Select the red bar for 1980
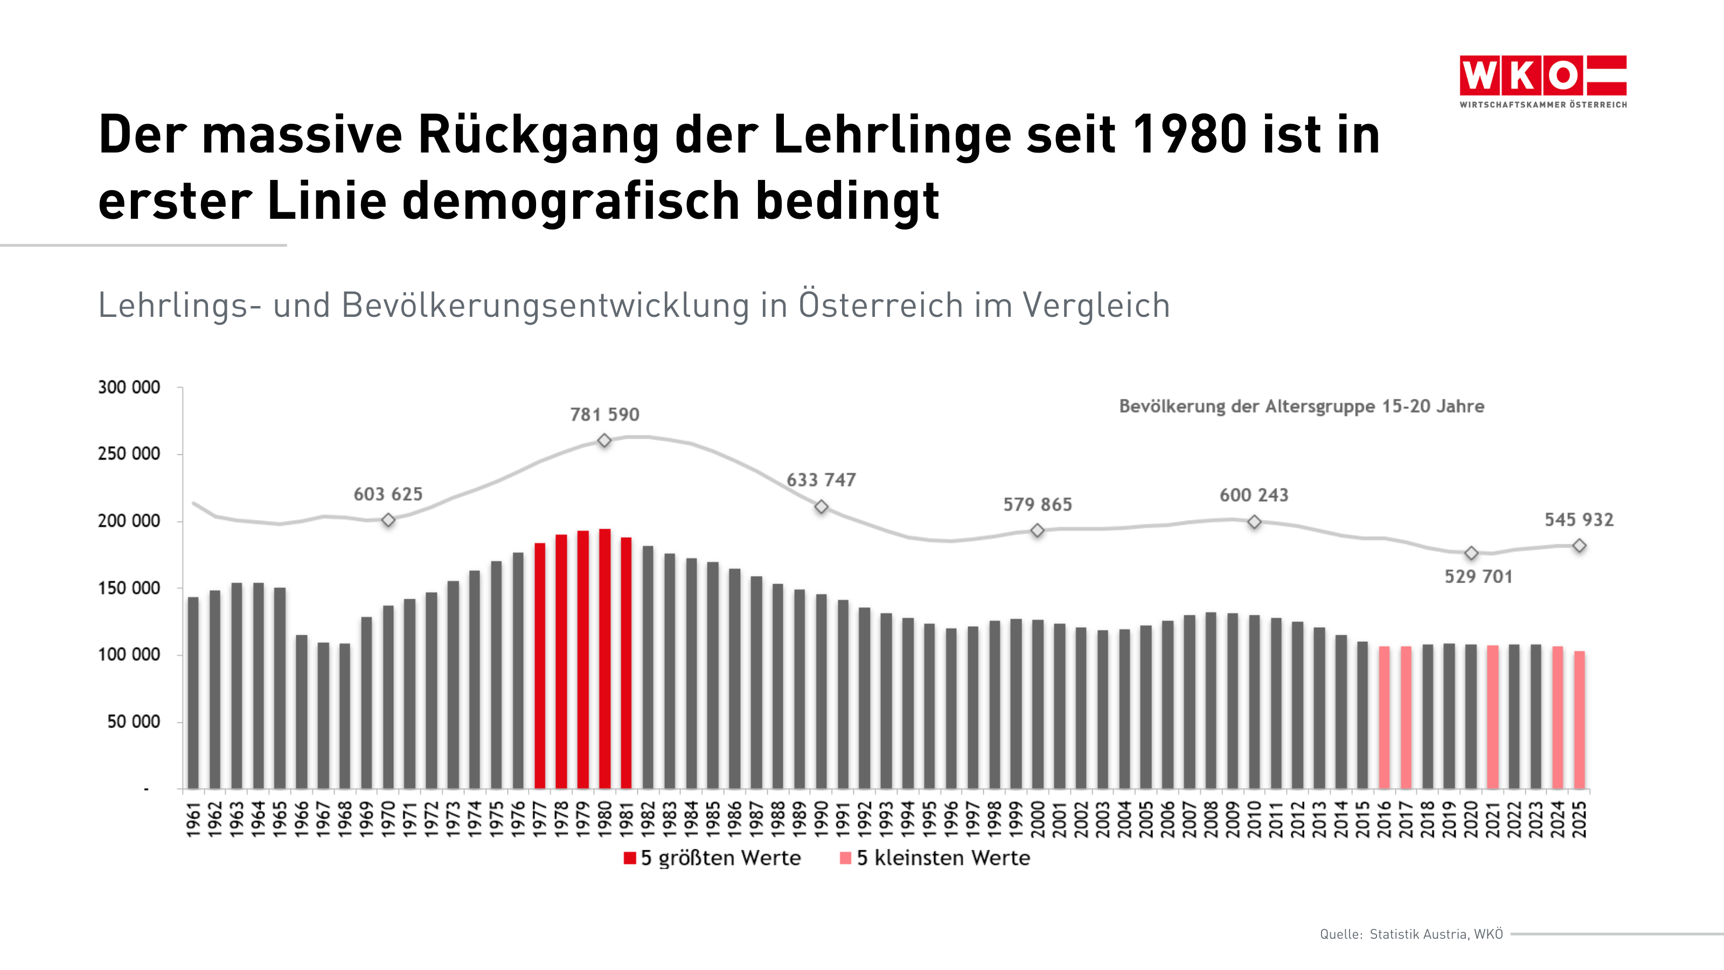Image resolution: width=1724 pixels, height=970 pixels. pos(604,660)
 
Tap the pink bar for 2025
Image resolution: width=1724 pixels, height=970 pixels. pos(1579,719)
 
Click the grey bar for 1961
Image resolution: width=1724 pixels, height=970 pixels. pos(193,693)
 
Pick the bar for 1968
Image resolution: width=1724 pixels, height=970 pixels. pos(345,716)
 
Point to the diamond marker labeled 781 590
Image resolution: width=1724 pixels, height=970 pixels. pos(604,440)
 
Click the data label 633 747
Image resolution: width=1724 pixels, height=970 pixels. pos(821,480)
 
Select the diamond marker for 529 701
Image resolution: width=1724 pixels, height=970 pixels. pos(1471,553)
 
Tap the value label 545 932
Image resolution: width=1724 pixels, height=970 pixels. pos(1579,519)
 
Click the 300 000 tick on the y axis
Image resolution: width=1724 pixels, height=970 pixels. pos(129,387)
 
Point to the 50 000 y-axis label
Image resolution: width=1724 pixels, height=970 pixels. pos(134,722)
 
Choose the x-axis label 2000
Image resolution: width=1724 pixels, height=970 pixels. pos(1038,819)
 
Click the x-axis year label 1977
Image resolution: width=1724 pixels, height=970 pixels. pos(540,819)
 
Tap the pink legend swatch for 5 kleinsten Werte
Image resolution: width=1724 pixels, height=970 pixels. pos(845,858)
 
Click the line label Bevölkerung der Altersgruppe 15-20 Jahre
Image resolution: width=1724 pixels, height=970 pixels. pos(1301,406)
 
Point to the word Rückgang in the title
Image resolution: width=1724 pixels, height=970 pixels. pos(539,135)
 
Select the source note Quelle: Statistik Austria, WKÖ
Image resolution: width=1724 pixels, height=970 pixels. pos(1411,934)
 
